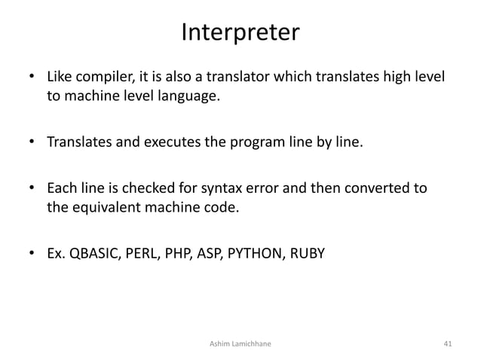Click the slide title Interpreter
click(x=240, y=33)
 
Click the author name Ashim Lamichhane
click(x=240, y=343)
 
